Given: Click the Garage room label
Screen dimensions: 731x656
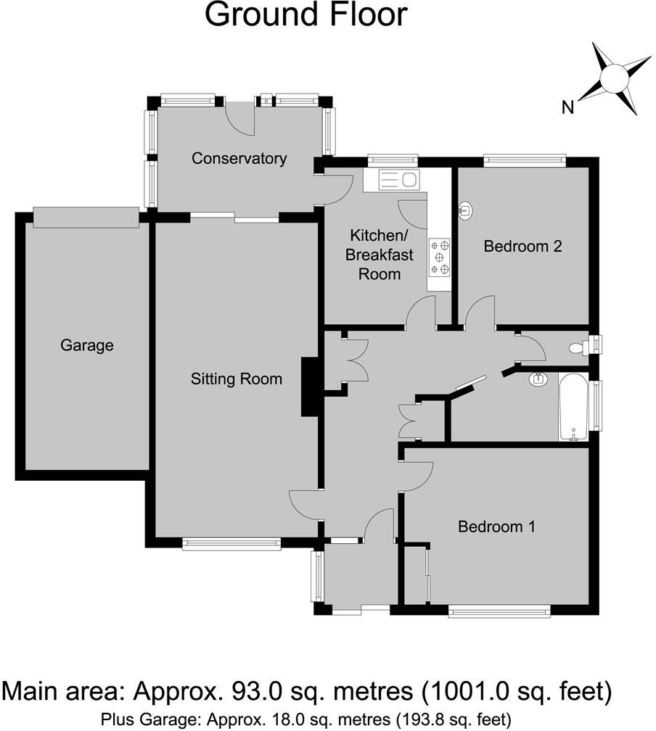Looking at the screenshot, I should coord(86,345).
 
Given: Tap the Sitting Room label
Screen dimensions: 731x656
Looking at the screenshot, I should coord(236,379).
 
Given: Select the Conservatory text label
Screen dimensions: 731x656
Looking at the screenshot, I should coord(239,158).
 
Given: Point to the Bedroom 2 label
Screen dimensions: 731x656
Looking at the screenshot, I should coord(523,246).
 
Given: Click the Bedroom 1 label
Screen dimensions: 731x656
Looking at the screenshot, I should coord(496,526).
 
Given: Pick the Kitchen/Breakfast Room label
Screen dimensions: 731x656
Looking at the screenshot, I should coord(380,255).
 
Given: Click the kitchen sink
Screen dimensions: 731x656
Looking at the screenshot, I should coord(392,179).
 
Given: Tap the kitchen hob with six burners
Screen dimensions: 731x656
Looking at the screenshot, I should coord(440,257).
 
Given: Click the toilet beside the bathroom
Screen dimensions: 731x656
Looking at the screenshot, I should coord(581,347).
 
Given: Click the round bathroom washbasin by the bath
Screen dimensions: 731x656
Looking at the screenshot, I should coord(538,379).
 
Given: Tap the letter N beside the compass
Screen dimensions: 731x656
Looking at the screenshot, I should coord(568,107).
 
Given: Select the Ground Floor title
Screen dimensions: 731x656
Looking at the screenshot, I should coord(306,15).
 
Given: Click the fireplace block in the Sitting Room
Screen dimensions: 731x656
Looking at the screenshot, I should coord(310,387).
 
